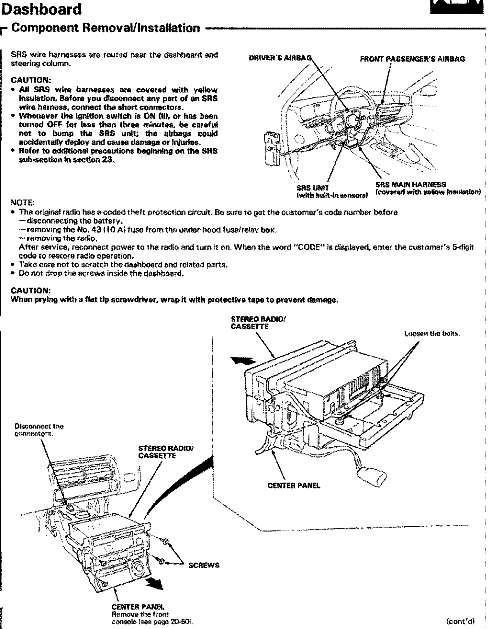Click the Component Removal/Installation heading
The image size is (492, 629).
click(x=106, y=28)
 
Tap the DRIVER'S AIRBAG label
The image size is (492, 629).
click(x=280, y=58)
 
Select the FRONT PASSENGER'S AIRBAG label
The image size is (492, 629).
click(x=412, y=59)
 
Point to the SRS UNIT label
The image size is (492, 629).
click(x=313, y=188)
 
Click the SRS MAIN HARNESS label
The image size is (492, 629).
click(x=410, y=185)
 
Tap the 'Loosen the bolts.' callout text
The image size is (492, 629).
click(x=432, y=334)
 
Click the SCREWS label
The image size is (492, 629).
click(x=204, y=565)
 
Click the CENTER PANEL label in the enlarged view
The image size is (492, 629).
click(x=294, y=486)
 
